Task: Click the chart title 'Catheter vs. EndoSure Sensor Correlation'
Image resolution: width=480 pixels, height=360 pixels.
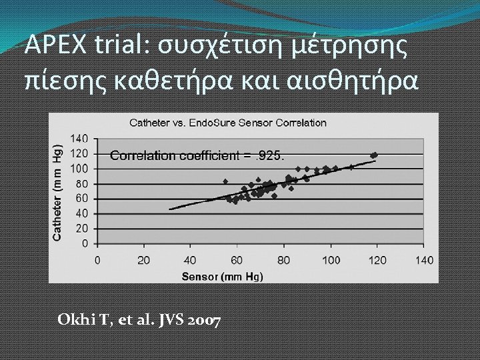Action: point(228,123)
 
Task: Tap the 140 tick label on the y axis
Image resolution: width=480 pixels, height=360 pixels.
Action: point(79,139)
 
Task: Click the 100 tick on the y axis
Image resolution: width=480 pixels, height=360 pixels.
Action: point(79,169)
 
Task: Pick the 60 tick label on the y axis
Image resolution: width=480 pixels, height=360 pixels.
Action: point(82,199)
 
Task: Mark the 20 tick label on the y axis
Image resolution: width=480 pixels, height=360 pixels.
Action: point(82,229)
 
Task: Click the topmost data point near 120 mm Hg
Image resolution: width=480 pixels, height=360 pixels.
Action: point(374,155)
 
